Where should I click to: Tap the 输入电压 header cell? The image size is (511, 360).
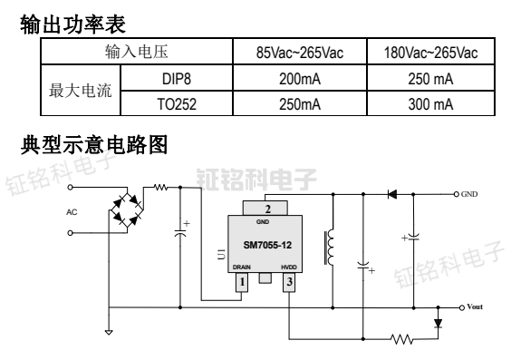(138, 52)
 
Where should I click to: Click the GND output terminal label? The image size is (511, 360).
(469, 194)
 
